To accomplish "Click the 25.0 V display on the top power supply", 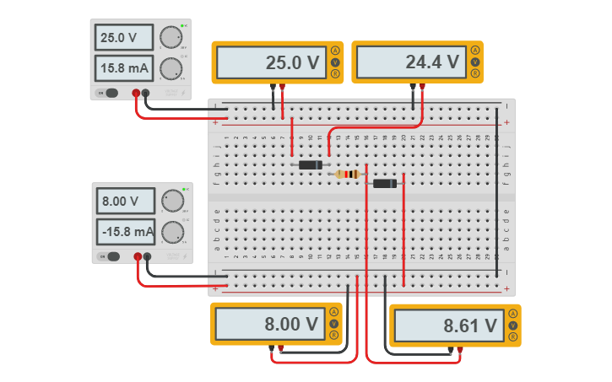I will coord(125,38).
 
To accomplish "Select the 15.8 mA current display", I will coord(125,69).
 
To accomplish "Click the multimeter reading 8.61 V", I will coord(447,326).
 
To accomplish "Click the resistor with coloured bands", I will coord(347,175).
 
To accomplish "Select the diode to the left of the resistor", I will coord(311,164).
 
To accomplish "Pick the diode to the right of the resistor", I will coord(385,184).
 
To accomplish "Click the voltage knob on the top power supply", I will coord(171,37).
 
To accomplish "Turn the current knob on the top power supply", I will coord(171,68).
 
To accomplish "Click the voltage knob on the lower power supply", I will coord(172,201).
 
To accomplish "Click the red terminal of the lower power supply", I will coord(137,256).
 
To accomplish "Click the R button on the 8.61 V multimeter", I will coord(513,336).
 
